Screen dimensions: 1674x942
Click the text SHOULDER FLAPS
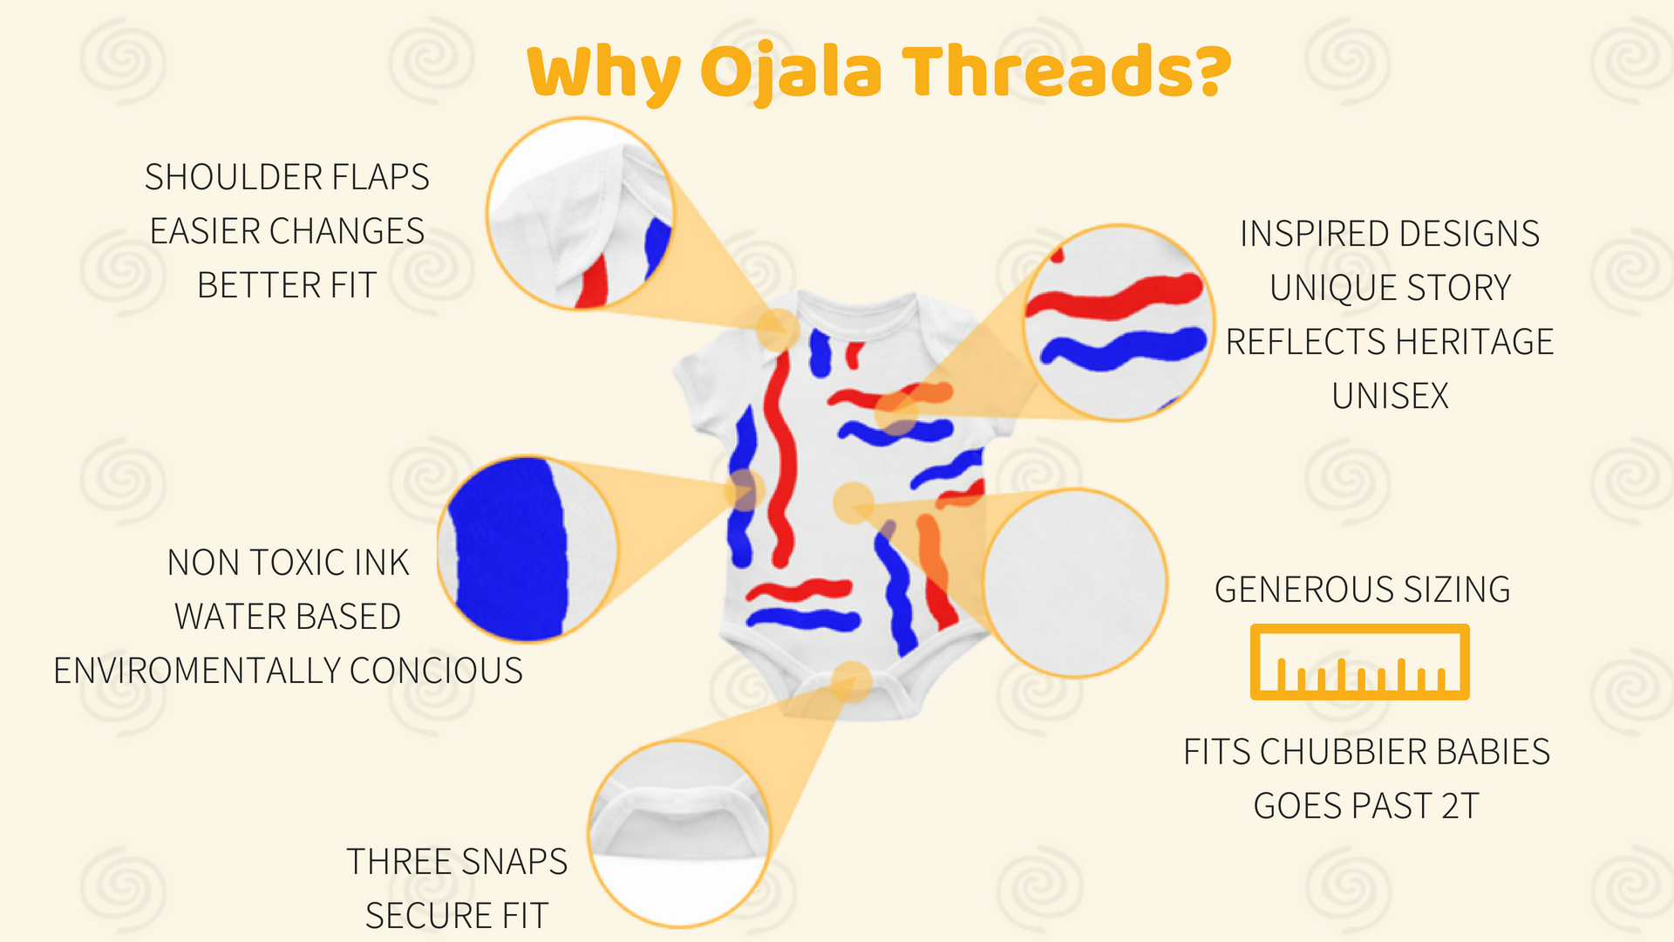coord(287,177)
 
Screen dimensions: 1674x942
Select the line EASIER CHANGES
coord(287,231)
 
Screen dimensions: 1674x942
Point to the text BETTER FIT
coord(287,285)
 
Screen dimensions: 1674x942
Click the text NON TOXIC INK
coord(288,563)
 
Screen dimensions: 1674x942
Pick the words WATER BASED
coord(288,617)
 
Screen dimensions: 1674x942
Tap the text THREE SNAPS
coord(457,862)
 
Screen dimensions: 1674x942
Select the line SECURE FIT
coord(457,916)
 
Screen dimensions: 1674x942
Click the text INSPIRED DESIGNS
coord(1390,234)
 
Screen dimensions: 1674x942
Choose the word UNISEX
coord(1390,396)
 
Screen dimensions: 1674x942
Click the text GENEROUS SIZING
coord(1363,590)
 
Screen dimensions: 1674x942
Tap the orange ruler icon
coord(1360,662)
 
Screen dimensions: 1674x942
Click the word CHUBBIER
coord(1343,752)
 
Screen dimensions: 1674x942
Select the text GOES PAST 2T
coord(1366,806)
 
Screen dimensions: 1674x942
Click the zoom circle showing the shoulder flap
coord(581,215)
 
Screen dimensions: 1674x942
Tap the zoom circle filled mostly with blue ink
coord(528,549)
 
